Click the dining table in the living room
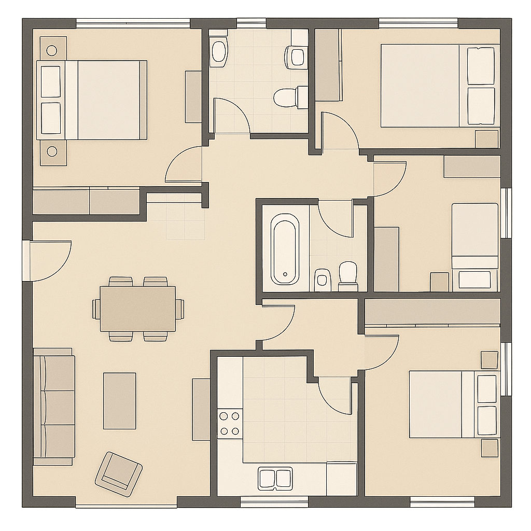[137, 309]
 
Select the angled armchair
[119, 470]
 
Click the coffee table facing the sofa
[119, 401]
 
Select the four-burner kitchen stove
[230, 423]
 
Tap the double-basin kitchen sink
[275, 478]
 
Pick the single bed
[474, 246]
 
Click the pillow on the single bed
[474, 278]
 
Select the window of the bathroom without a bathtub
[251, 23]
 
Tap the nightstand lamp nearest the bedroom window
[52, 50]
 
